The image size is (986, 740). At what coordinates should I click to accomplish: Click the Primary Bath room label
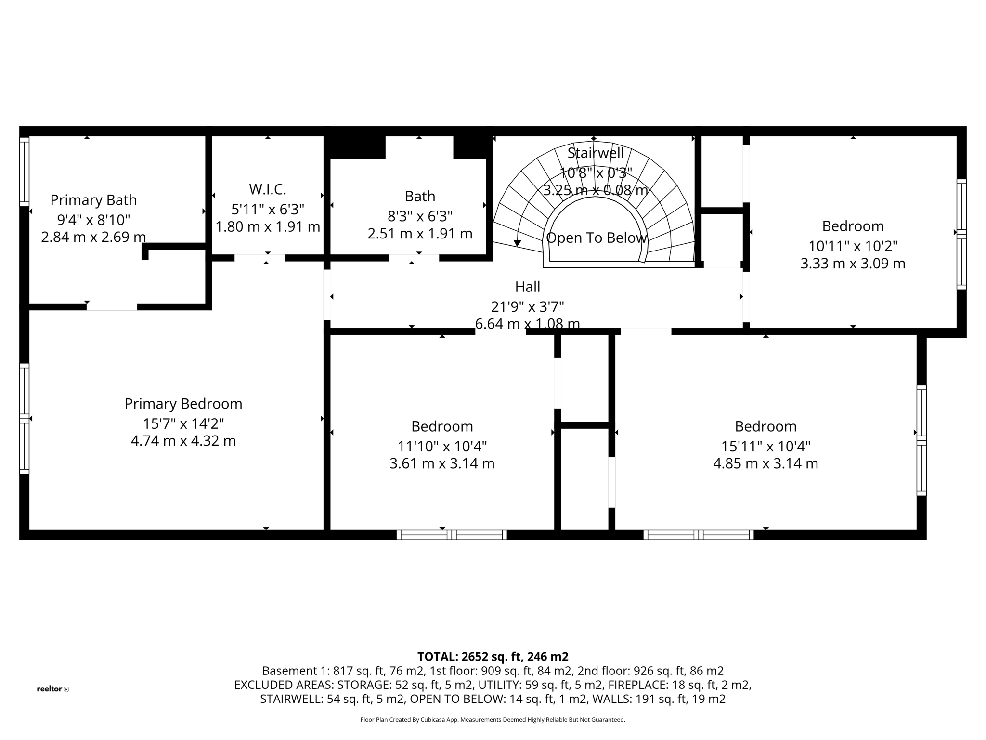93,200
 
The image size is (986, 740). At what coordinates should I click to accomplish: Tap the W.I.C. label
268,189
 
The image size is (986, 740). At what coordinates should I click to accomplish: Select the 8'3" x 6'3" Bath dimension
420,216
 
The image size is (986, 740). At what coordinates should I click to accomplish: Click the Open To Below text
596,238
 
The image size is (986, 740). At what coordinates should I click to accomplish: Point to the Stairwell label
595,153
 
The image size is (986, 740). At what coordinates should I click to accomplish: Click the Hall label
528,287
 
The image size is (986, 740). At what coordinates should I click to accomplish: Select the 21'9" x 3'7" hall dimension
528,306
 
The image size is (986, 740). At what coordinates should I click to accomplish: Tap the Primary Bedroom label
183,404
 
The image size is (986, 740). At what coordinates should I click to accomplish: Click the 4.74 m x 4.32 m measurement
183,441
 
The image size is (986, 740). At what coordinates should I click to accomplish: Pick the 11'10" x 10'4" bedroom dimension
442,446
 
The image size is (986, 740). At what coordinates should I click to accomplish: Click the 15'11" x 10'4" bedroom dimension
765,446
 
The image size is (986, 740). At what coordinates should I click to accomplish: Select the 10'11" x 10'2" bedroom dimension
853,246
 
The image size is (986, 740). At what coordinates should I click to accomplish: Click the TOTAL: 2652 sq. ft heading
493,657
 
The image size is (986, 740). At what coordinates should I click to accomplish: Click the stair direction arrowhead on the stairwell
517,243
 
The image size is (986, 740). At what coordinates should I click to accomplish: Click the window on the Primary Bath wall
24,172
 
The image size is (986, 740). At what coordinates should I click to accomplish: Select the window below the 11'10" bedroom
452,534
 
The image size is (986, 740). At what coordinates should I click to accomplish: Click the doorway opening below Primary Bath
112,307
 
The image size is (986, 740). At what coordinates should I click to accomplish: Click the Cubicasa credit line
493,720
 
